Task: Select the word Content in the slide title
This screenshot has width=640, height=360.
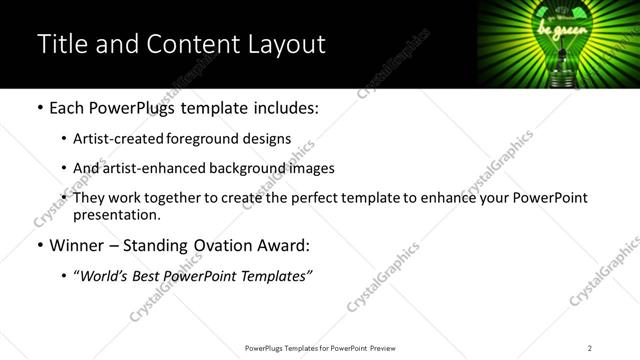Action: point(187,44)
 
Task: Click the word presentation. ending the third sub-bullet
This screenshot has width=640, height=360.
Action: point(117,215)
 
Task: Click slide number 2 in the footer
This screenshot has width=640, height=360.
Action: point(589,348)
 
